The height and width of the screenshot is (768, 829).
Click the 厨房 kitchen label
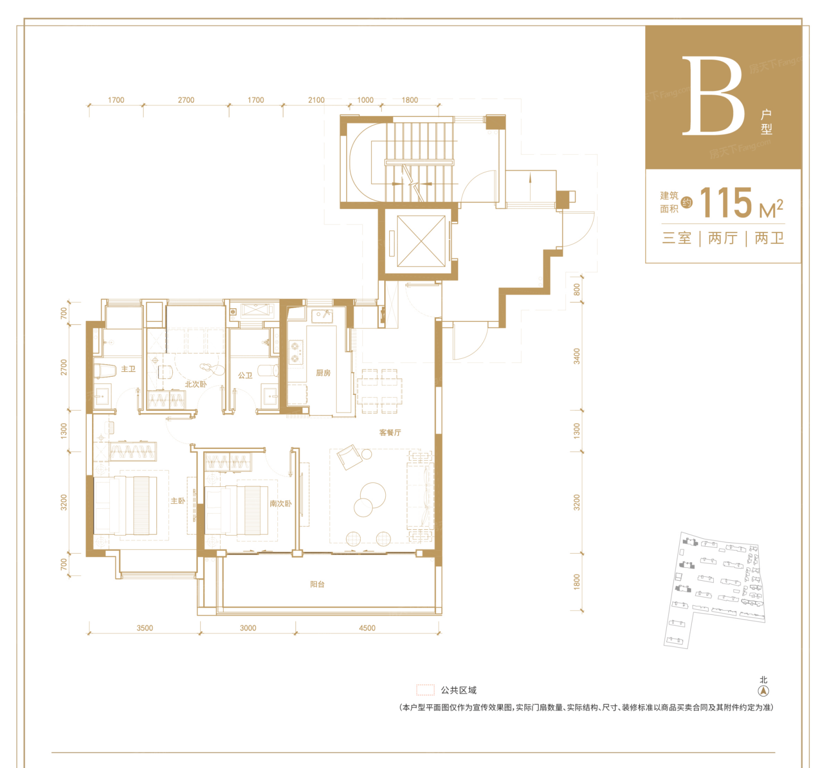323,373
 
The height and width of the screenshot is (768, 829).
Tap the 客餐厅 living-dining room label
390,432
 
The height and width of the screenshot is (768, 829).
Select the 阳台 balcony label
317,584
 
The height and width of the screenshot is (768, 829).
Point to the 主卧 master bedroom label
178,501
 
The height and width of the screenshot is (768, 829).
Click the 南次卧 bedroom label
280,504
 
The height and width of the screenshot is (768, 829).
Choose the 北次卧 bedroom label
196,384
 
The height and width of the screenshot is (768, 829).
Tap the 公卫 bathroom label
245,375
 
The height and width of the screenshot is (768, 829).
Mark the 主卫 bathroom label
128,369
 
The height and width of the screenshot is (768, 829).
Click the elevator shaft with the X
421,241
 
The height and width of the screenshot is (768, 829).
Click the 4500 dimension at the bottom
367,628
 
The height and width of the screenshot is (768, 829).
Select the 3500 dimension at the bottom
145,628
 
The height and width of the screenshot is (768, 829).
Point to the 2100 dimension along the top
316,100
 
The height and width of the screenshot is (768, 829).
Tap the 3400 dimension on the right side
577,356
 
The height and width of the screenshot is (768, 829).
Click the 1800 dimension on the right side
577,582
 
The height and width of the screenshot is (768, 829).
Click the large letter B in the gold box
713,96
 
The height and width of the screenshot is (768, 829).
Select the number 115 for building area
726,203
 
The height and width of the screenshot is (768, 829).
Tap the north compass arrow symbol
763,691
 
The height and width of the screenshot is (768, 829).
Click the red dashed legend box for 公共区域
425,690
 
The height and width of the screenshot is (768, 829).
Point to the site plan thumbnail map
715,590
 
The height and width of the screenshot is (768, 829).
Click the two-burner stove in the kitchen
296,352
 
